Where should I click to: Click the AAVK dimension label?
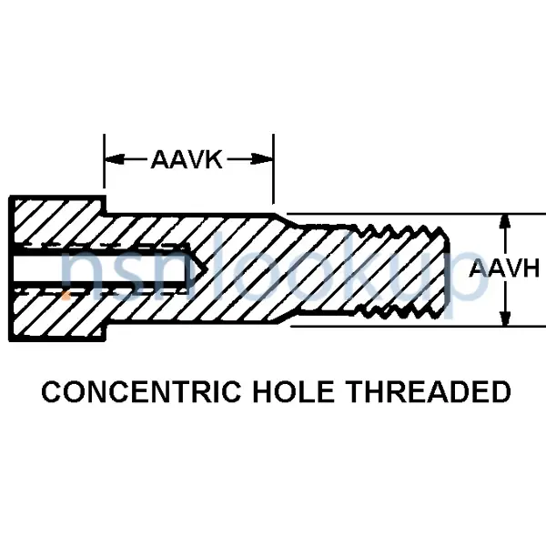(187, 161)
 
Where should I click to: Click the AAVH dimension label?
(505, 268)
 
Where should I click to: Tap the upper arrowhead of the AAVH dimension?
(503, 221)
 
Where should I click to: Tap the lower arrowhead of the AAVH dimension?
(503, 318)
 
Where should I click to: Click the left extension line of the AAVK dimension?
(105, 173)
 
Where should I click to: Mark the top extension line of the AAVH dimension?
(482, 214)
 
